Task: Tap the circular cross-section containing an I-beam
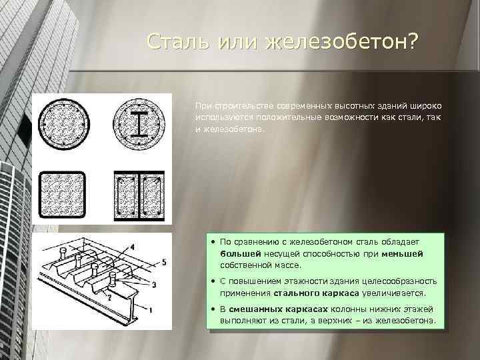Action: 139,125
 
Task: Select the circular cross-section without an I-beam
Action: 64,125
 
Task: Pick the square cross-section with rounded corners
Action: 63,194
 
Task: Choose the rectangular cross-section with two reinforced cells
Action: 139,194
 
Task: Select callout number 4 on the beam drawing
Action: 131,246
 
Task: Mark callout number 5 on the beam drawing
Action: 165,262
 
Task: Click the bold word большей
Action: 241,254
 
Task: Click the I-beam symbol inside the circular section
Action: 139,125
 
